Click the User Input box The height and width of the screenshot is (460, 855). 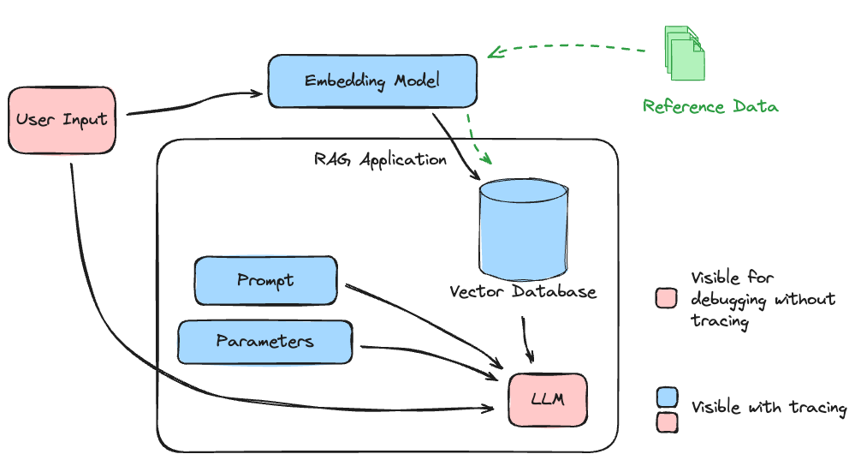pos(62,119)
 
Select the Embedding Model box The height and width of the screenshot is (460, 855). pos(372,81)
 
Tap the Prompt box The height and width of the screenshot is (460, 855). pos(265,280)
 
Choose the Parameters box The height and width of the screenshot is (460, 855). pos(264,342)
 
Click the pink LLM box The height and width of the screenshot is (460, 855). pos(548,400)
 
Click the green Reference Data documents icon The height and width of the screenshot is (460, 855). pos(686,53)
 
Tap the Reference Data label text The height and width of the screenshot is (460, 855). pos(710,107)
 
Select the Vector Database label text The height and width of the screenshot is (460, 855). pos(523,292)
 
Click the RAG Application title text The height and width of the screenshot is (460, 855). pos(380,159)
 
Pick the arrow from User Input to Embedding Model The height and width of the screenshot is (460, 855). pos(193,105)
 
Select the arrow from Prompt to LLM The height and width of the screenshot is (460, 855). pos(419,318)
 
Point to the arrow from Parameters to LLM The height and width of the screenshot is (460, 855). pos(428,353)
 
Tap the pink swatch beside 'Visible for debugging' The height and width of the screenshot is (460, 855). pos(667,298)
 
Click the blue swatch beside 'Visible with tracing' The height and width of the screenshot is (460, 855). pos(667,397)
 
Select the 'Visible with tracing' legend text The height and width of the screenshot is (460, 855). pos(769,408)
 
